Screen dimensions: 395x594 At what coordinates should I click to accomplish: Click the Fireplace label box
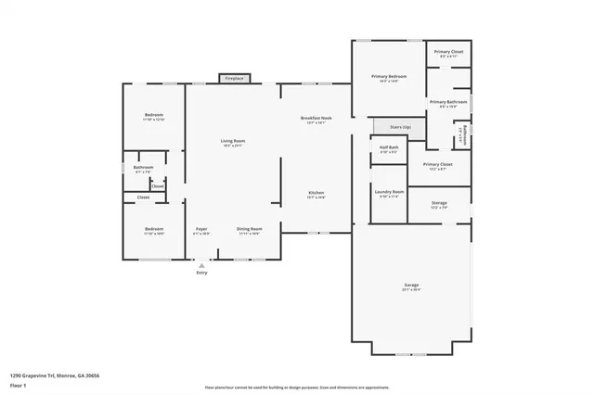(x=234, y=79)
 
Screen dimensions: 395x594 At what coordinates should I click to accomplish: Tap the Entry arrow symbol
(x=201, y=266)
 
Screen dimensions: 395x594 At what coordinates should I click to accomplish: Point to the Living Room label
(x=232, y=142)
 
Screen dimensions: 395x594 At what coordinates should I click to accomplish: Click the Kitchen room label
(x=316, y=195)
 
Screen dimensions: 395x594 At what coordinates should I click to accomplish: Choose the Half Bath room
(x=389, y=149)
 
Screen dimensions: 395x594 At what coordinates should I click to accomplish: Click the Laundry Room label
(x=389, y=194)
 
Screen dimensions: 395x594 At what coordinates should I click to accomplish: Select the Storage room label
(x=439, y=204)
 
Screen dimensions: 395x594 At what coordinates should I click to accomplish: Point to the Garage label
(x=411, y=287)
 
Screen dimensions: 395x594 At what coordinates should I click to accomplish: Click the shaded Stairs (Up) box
(x=399, y=125)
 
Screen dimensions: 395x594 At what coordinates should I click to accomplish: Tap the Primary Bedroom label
(x=388, y=79)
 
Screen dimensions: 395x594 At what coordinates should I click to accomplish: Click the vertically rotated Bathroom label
(x=464, y=135)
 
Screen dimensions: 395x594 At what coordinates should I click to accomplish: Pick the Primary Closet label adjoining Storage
(x=436, y=166)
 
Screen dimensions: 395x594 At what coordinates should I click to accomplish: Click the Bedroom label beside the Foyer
(x=153, y=230)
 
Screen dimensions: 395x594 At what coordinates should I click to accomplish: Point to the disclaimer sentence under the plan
(x=297, y=387)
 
